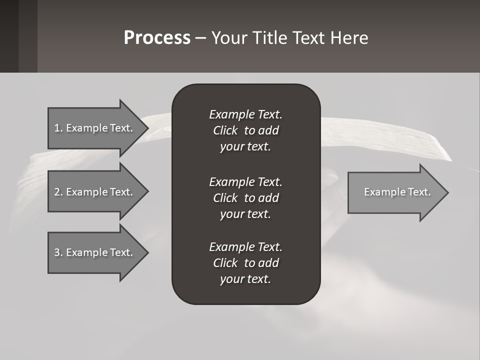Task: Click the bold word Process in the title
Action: (157, 38)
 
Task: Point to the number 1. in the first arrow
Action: (58, 128)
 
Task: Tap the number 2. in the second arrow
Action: (58, 192)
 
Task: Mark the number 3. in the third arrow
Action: (58, 252)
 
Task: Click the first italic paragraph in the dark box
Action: (245, 130)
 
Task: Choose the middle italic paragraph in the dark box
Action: (245, 198)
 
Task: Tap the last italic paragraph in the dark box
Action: (245, 263)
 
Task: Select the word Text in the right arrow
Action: (419, 192)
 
